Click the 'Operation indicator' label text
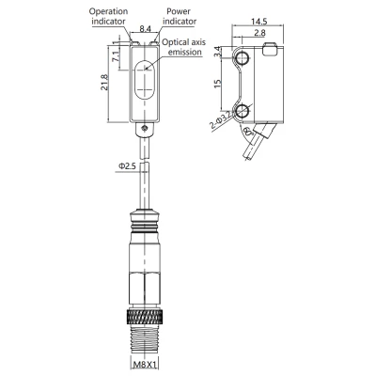tap(107, 18)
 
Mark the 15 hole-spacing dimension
tap(219, 86)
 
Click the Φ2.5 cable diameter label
tap(126, 166)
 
